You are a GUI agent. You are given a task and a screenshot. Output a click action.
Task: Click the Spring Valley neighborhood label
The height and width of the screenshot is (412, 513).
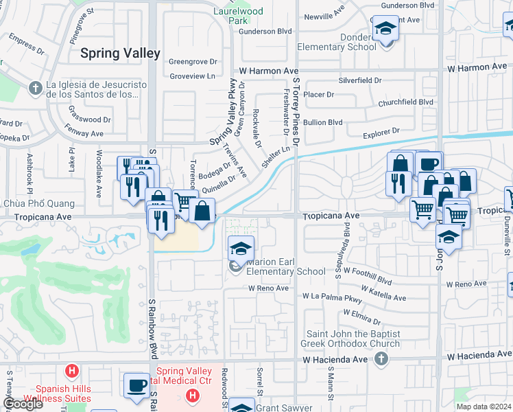tap(120, 53)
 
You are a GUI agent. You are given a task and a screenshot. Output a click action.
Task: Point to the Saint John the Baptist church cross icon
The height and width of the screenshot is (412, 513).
tap(382, 358)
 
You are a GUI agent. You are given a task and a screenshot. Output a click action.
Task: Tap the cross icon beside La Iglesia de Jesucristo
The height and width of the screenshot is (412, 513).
tap(36, 89)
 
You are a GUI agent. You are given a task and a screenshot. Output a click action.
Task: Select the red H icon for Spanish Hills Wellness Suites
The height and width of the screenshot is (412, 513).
tap(71, 372)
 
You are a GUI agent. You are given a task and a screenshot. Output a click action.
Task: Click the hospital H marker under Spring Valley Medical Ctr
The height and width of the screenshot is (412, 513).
tap(193, 396)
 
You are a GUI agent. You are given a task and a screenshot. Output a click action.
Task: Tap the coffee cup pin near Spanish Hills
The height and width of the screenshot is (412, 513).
tap(136, 385)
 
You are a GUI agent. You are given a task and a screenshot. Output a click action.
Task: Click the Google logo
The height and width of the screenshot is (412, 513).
tap(23, 404)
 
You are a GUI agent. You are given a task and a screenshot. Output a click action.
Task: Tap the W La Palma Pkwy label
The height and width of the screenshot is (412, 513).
tap(332, 298)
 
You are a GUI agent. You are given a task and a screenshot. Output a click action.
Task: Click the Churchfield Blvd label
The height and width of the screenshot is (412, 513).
tap(405, 102)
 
